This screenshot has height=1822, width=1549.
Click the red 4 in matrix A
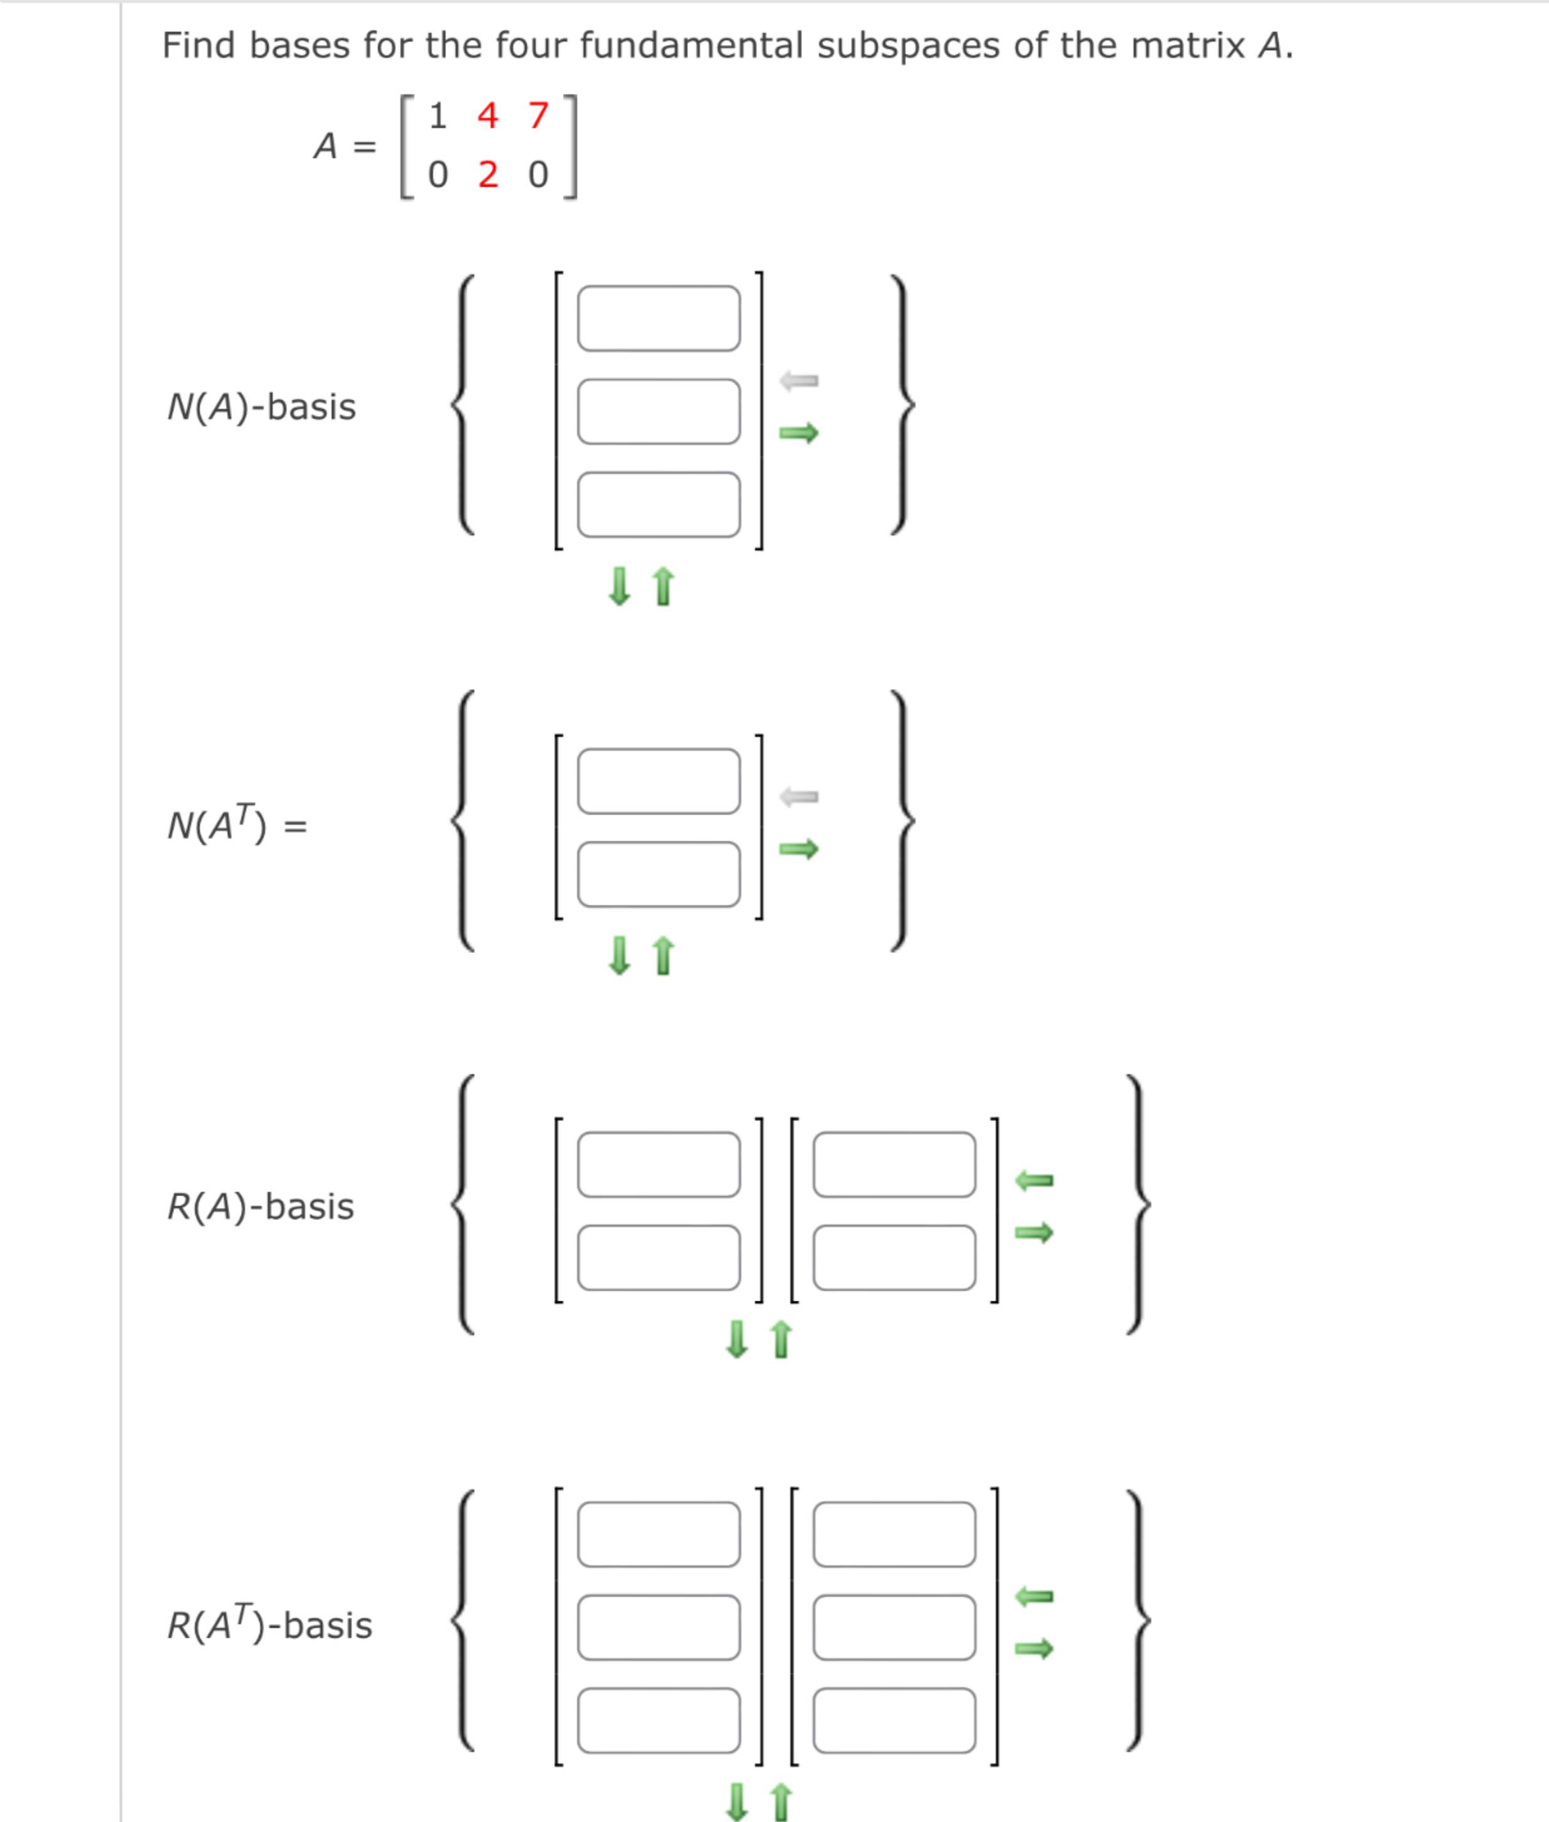[488, 116]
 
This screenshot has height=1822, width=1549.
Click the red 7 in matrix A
[538, 116]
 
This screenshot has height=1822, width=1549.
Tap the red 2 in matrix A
[488, 175]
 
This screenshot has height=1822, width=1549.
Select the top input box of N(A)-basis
[659, 318]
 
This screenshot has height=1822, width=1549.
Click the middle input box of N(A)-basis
[659, 411]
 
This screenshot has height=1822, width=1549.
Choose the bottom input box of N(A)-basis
[659, 504]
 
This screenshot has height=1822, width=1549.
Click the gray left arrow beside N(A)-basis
[798, 380]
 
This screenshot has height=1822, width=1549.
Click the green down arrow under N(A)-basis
[619, 586]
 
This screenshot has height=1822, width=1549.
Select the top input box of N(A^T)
[659, 781]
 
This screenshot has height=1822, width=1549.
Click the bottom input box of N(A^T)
[659, 873]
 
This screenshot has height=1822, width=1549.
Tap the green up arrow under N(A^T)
[664, 955]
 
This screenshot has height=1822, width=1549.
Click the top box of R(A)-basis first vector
[659, 1164]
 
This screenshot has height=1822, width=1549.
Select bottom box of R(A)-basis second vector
[894, 1257]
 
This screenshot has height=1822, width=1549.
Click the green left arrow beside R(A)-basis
[1033, 1180]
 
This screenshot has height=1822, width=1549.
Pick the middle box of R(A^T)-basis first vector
[659, 1627]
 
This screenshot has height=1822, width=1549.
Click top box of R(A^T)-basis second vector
[894, 1534]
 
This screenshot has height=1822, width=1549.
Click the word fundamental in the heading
[690, 46]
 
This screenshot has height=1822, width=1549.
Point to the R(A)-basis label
[261, 1207]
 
